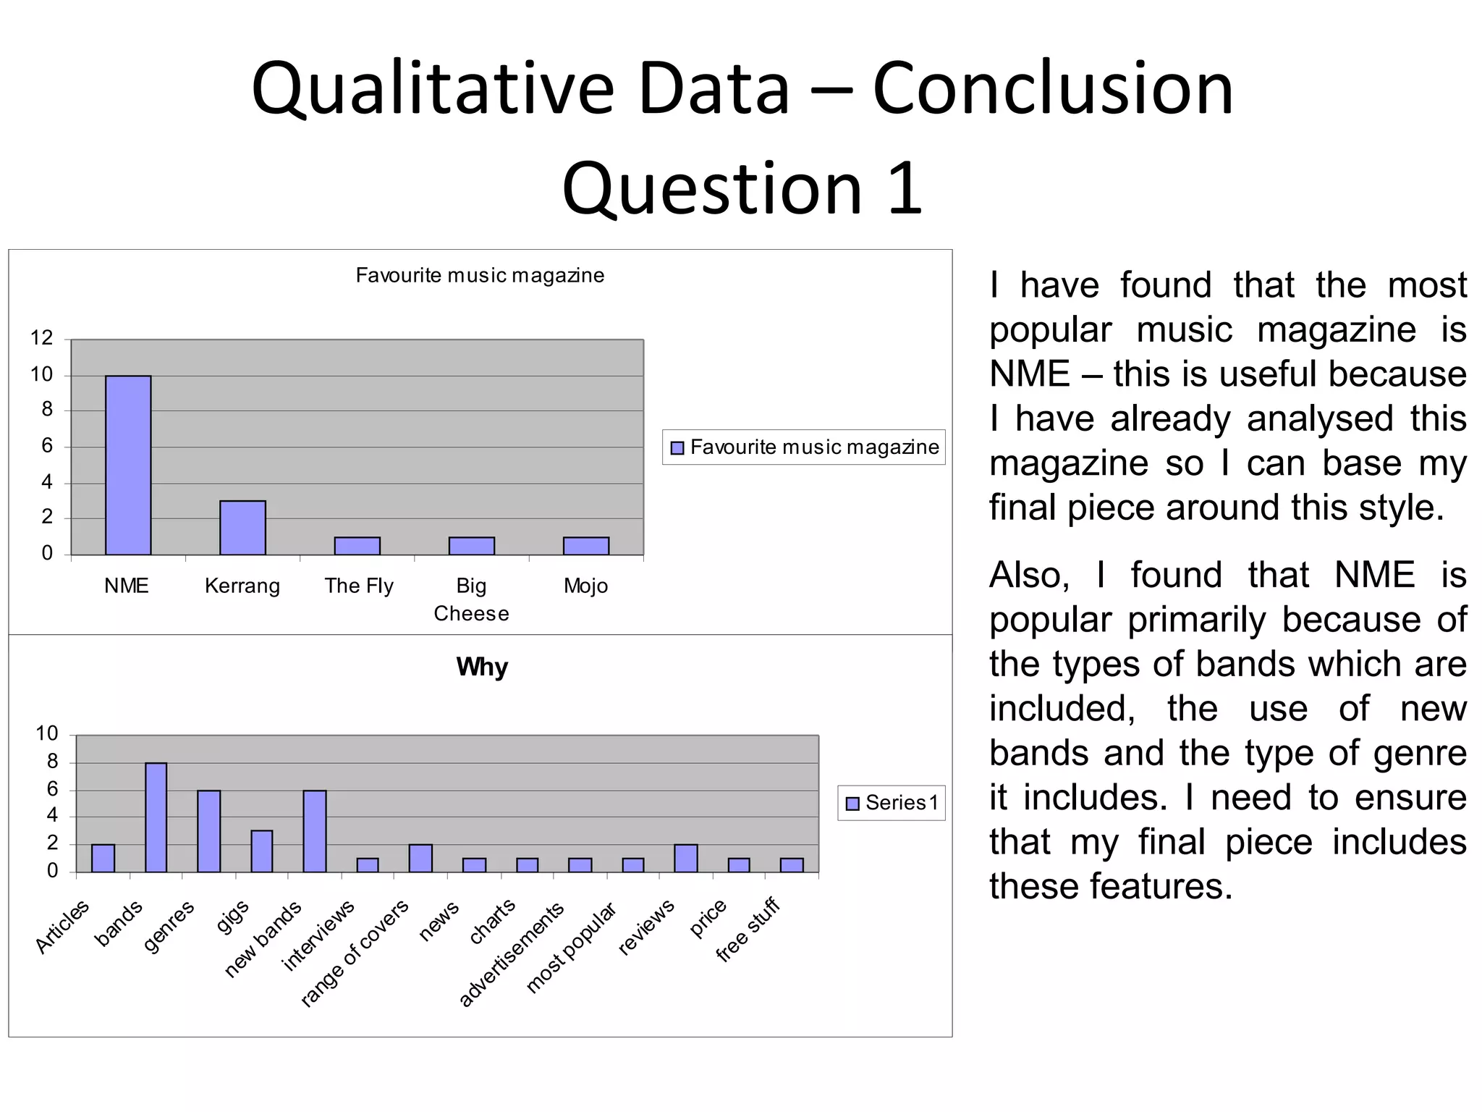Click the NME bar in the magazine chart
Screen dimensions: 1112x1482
tap(128, 465)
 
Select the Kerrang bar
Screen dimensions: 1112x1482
tap(242, 527)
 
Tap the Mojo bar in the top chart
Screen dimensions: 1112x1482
tap(585, 546)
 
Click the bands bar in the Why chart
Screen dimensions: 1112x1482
tap(156, 817)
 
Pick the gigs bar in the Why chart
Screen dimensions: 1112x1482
tap(261, 851)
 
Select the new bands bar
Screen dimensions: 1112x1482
tap(314, 831)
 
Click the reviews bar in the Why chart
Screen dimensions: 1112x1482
tap(685, 858)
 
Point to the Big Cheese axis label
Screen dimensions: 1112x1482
tap(471, 599)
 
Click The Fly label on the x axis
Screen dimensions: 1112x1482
tap(359, 586)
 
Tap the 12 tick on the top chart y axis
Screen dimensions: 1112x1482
tap(41, 338)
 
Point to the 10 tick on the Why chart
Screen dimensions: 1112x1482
tap(46, 734)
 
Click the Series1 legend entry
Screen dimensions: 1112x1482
tap(892, 803)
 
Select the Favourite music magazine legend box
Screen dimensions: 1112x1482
tap(804, 447)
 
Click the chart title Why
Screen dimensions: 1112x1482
tap(482, 667)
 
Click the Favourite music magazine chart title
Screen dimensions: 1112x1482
tap(480, 276)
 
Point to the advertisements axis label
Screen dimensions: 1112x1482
tap(511, 955)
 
